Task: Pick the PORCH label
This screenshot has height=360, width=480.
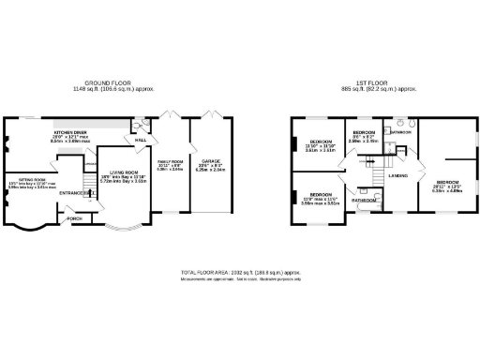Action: coord(75,220)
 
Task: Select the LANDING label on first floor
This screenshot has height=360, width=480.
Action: coord(397,175)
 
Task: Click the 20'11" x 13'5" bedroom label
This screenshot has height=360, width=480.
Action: coord(447,181)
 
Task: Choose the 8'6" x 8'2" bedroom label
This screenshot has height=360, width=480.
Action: coord(364,133)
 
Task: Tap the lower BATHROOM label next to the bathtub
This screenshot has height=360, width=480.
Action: coord(364,201)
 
